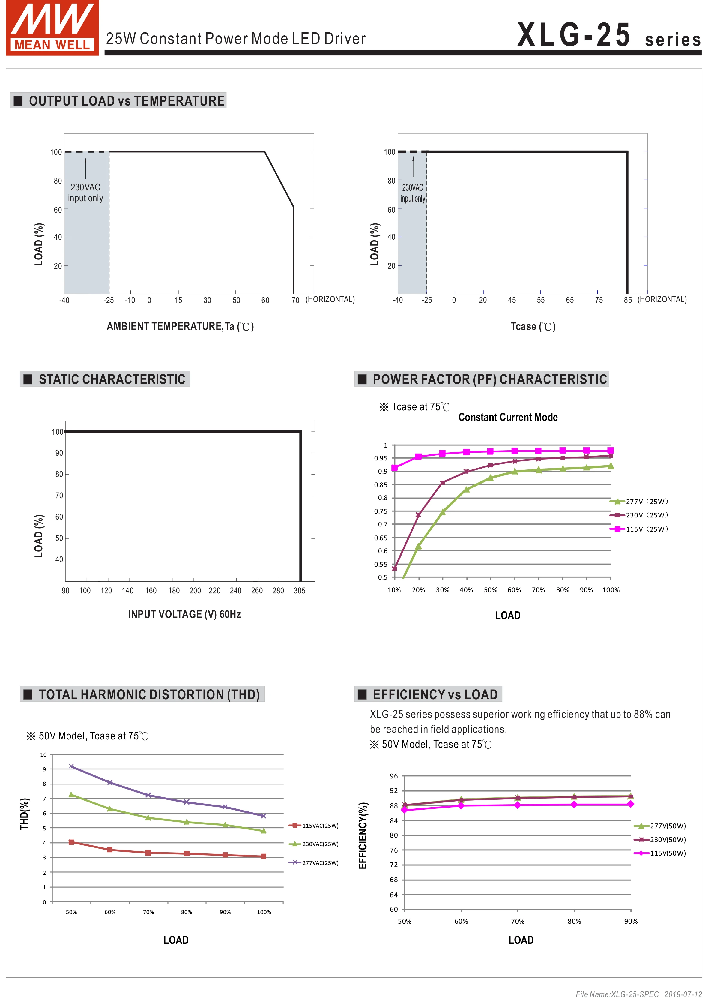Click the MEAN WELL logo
[52, 28]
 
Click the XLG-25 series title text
[608, 36]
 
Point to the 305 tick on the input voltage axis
[300, 590]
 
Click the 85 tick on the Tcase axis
[627, 300]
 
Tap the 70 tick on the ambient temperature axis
[295, 300]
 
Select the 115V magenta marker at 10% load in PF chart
[395, 468]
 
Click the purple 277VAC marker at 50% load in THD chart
[71, 766]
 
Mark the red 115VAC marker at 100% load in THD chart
[263, 856]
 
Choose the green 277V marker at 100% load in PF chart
[611, 466]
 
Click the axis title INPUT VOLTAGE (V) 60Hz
[184, 614]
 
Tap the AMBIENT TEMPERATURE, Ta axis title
[180, 327]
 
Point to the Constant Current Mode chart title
[508, 417]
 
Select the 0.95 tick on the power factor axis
[381, 458]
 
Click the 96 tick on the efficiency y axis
[394, 776]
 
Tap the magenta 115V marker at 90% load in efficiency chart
[630, 804]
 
